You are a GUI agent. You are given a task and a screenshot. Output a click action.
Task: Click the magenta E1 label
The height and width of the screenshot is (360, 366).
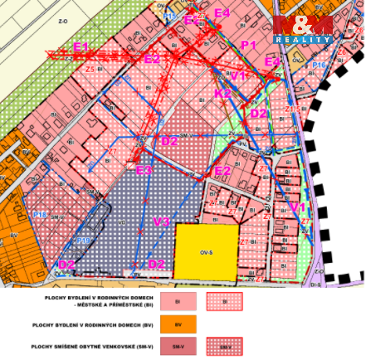click(x=81, y=46)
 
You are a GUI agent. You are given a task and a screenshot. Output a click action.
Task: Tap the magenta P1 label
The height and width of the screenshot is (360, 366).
click(x=248, y=44)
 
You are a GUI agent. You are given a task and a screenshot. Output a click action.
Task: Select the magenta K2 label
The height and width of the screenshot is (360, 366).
click(x=223, y=94)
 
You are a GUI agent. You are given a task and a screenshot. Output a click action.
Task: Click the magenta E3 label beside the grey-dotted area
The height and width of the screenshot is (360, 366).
click(x=144, y=170)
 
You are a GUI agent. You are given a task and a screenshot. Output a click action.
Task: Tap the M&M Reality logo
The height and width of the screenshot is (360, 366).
click(x=304, y=29)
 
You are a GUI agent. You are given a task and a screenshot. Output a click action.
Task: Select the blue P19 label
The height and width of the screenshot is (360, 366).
click(x=83, y=241)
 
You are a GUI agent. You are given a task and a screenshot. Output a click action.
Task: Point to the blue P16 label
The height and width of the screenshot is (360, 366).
click(x=319, y=65)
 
